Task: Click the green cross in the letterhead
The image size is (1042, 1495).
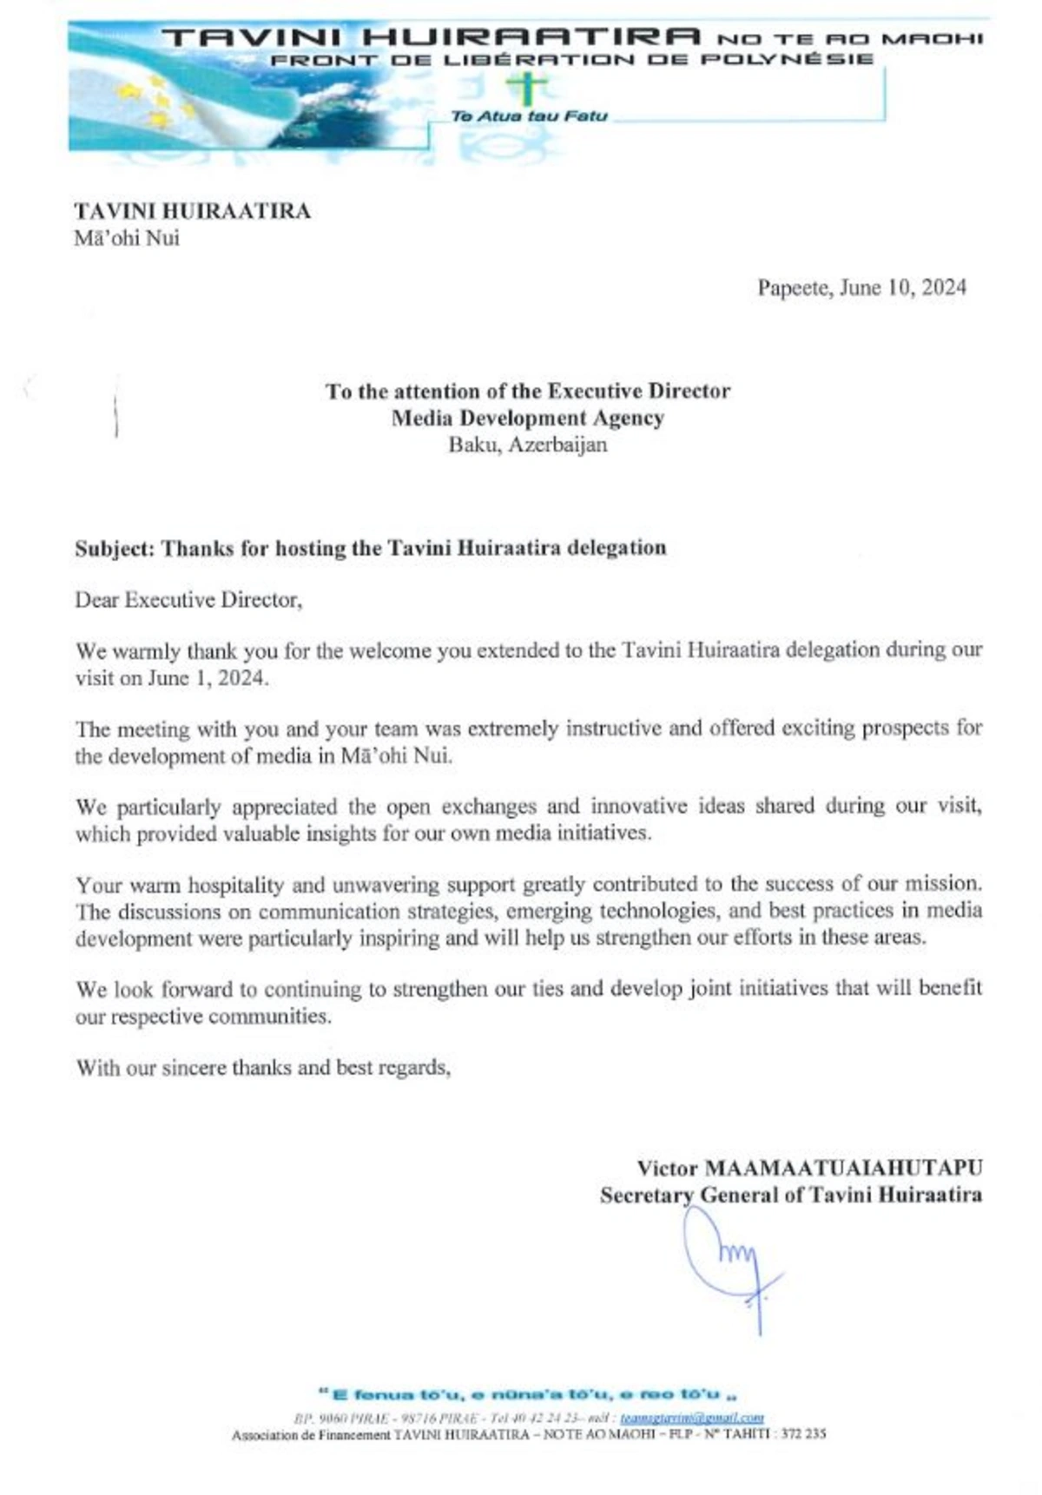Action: coord(530,87)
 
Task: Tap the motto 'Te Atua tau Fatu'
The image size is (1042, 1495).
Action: coord(529,116)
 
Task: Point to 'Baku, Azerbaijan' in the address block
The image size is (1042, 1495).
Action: coord(528,445)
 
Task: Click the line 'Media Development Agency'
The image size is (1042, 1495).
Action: coord(528,418)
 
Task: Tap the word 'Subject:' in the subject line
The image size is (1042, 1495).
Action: coord(115,549)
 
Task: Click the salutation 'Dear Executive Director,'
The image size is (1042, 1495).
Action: coord(188,600)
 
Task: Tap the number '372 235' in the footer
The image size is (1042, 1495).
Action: coord(803,1434)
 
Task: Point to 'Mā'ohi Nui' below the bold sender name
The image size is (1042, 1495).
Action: coord(127,238)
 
